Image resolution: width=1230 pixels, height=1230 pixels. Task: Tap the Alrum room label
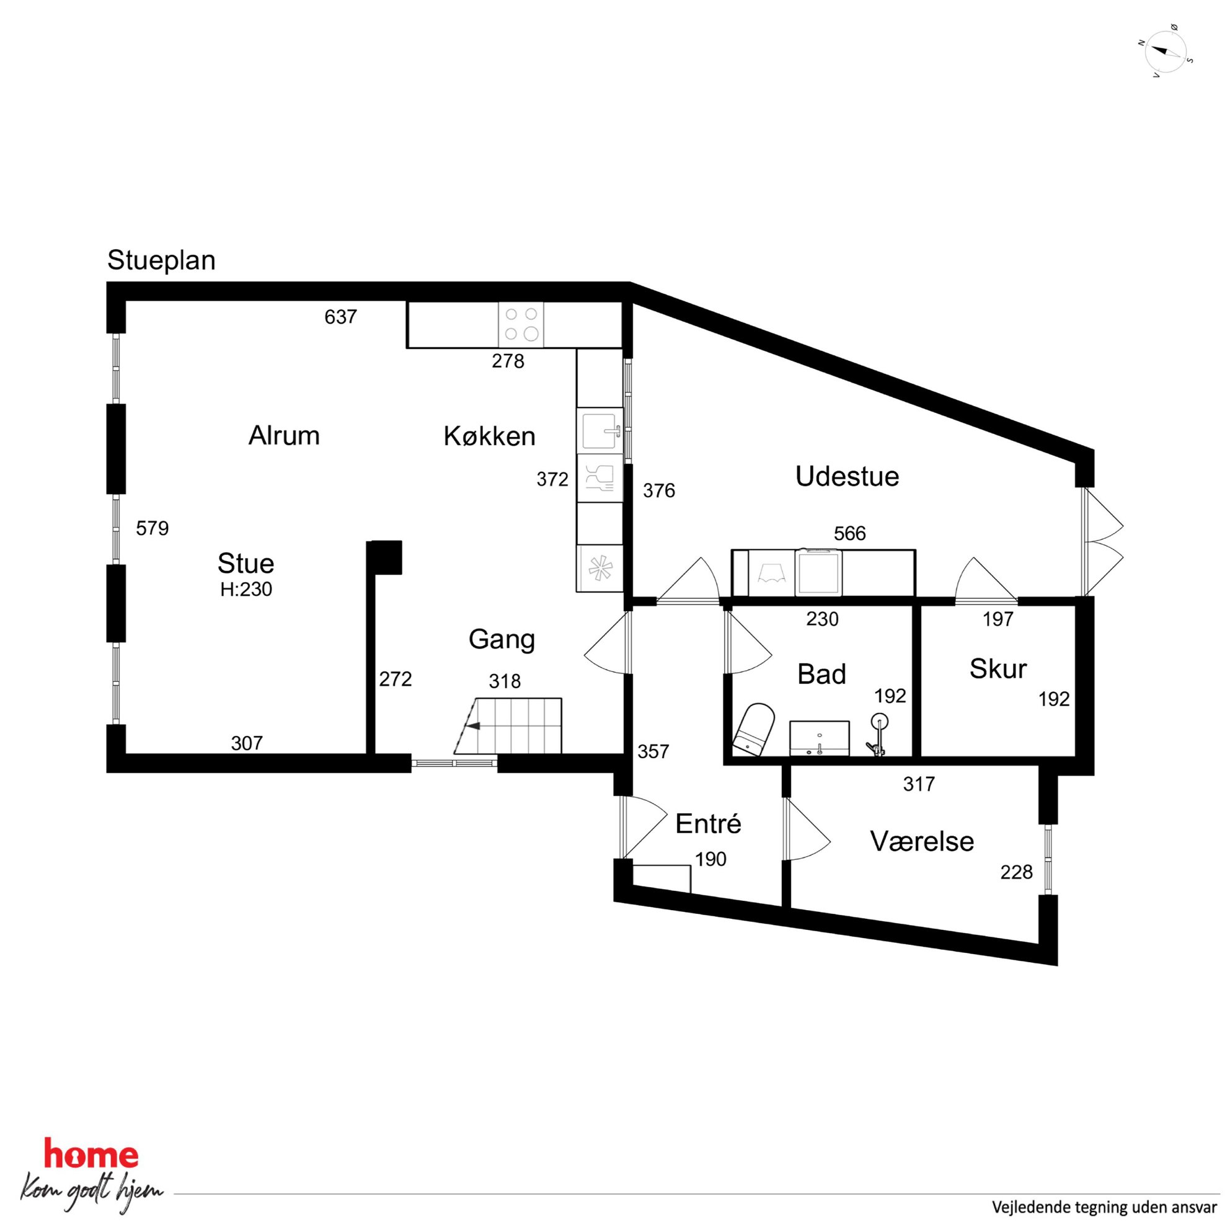tap(284, 436)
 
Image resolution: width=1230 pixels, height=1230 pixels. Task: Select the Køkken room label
tap(490, 436)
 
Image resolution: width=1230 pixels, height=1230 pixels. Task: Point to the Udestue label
tap(847, 477)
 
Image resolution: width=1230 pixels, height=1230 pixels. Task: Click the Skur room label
tap(998, 669)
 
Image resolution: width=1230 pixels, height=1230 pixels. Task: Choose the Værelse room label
tap(922, 842)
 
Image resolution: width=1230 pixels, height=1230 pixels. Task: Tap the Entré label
tap(708, 824)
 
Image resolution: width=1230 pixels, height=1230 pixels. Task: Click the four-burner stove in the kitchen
tap(521, 324)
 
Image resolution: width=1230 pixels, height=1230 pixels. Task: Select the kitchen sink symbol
tap(600, 430)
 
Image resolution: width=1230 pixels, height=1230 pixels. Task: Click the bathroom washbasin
tap(820, 738)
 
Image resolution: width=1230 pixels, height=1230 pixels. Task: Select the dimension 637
tap(340, 317)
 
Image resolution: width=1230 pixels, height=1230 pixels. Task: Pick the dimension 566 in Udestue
tap(850, 534)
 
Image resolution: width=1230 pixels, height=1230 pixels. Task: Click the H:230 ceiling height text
tap(246, 590)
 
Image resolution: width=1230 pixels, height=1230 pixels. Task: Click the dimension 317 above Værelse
tap(919, 784)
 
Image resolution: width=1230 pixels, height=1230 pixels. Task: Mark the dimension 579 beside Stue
tap(152, 528)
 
